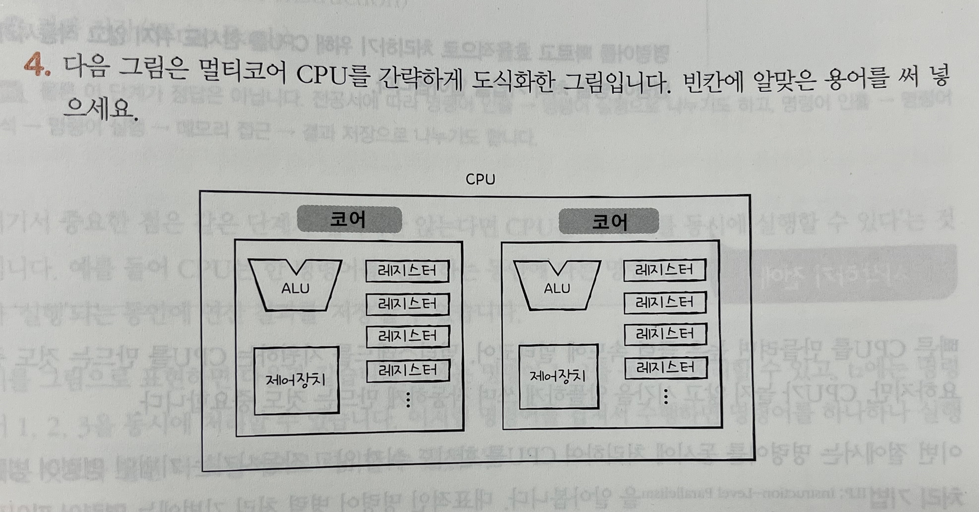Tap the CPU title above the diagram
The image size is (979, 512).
(480, 179)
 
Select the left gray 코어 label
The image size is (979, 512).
(349, 219)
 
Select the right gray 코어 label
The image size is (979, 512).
(608, 221)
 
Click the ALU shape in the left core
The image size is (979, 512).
(295, 286)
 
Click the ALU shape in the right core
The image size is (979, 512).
(557, 286)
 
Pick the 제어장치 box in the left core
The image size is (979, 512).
(296, 380)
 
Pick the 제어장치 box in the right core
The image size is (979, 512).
(558, 376)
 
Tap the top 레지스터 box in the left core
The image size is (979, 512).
(407, 271)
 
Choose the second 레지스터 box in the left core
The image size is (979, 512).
(407, 304)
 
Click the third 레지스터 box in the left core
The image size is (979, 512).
(408, 336)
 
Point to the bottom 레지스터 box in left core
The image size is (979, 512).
(408, 370)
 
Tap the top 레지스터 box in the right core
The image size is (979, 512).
(664, 270)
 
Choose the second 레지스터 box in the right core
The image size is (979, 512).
(665, 303)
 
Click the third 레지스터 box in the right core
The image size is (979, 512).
(665, 334)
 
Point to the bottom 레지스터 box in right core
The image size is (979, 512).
(666, 368)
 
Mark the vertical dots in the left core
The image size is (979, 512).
(408, 400)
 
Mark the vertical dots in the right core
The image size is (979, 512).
(666, 396)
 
